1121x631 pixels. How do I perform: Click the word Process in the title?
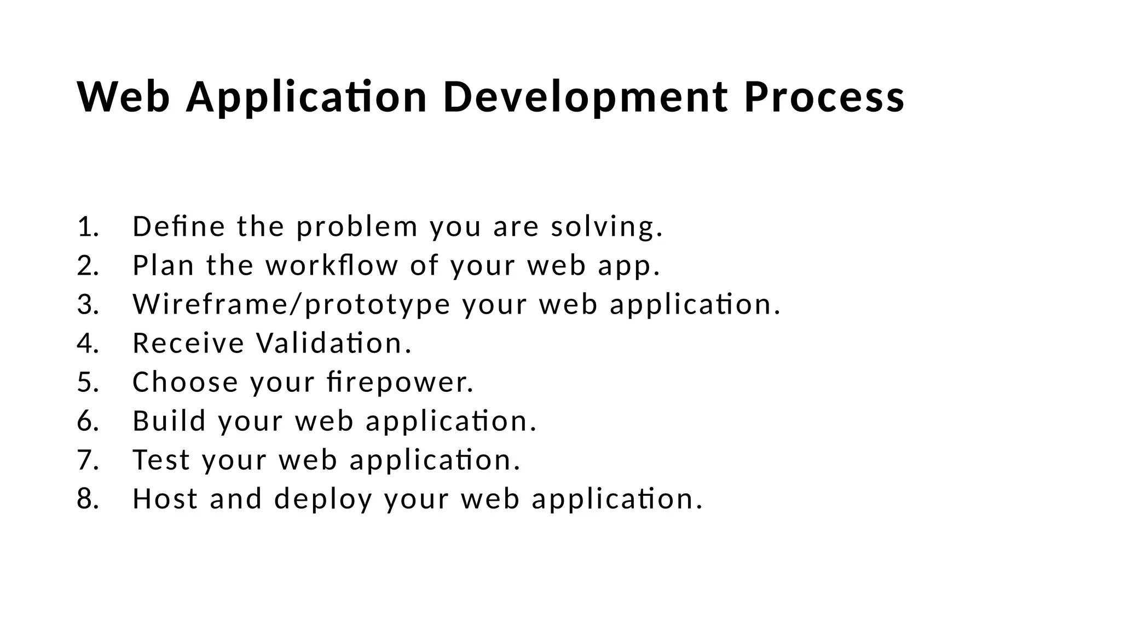click(824, 97)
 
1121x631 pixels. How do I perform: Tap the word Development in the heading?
click(585, 97)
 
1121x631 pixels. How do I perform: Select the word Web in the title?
click(124, 97)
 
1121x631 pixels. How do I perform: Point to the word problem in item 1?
click(357, 227)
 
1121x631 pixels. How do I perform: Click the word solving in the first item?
click(606, 227)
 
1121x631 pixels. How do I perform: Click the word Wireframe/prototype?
click(291, 305)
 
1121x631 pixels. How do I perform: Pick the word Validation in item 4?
click(333, 344)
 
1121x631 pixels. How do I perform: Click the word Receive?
click(188, 344)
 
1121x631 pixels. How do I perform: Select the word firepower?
click(400, 383)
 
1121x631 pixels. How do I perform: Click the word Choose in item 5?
click(186, 383)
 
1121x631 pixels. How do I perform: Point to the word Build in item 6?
click(169, 421)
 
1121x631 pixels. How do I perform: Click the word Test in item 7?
click(161, 460)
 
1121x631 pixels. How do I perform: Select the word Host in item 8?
click(165, 499)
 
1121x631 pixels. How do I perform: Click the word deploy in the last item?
click(323, 499)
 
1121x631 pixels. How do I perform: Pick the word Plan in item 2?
click(163, 266)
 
